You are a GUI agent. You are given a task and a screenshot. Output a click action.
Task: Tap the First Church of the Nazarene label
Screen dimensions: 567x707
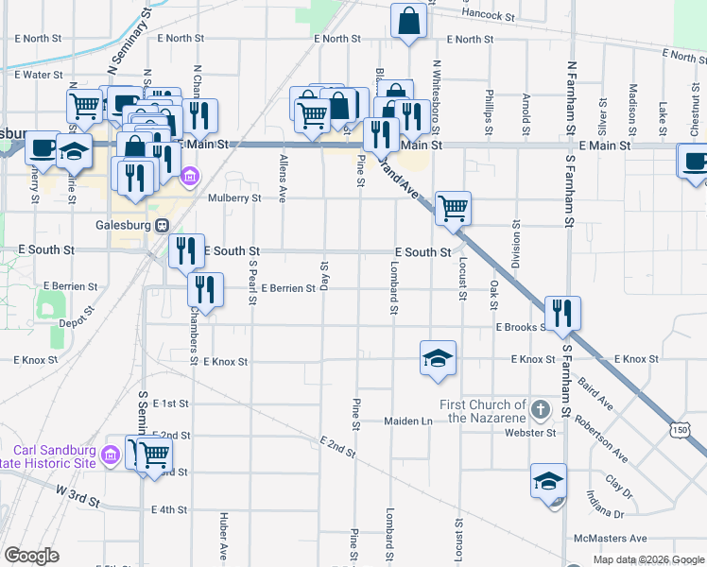482,411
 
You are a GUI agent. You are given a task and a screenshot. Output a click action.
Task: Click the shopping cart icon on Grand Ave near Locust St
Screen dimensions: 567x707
453,207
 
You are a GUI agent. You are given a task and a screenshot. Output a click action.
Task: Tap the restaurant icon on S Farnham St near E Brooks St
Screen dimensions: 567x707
562,312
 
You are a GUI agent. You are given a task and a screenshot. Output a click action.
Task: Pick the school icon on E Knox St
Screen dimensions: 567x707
438,358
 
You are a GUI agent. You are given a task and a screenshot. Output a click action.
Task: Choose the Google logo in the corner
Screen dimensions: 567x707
31,556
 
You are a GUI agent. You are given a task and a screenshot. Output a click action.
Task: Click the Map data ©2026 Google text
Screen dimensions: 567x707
648,559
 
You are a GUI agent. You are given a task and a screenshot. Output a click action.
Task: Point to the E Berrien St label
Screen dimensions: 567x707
288,287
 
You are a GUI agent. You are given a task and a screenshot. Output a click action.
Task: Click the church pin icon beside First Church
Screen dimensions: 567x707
540,410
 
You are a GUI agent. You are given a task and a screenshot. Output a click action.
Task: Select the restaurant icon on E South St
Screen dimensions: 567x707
185,250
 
